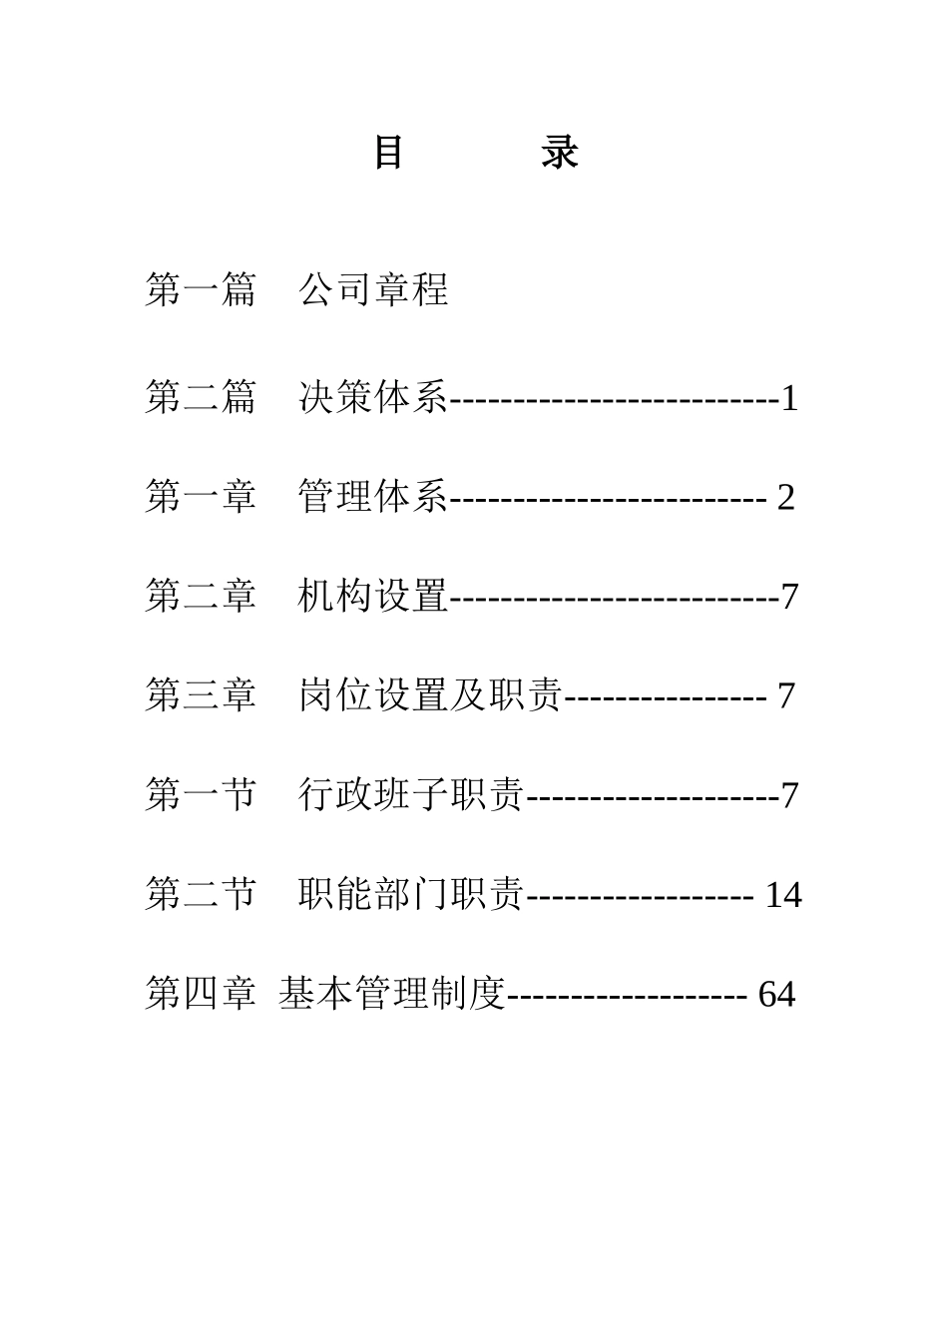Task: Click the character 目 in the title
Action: point(388,153)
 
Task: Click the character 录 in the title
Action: point(560,153)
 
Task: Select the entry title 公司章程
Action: point(373,289)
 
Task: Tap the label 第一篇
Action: point(200,289)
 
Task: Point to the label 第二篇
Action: point(200,397)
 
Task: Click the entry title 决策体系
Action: point(373,397)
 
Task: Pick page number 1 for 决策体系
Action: point(789,399)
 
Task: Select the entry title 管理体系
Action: point(373,496)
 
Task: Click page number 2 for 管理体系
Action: point(786,497)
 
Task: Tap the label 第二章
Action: point(200,596)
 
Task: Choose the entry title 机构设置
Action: point(373,596)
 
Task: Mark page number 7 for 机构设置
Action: point(789,597)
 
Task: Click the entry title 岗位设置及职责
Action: point(430,694)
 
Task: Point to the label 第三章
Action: point(200,694)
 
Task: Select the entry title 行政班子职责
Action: point(411,794)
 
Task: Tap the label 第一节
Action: point(200,794)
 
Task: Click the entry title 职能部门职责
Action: point(411,894)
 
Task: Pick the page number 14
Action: point(783,895)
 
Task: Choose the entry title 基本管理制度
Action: point(393,994)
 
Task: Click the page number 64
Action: point(776,995)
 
